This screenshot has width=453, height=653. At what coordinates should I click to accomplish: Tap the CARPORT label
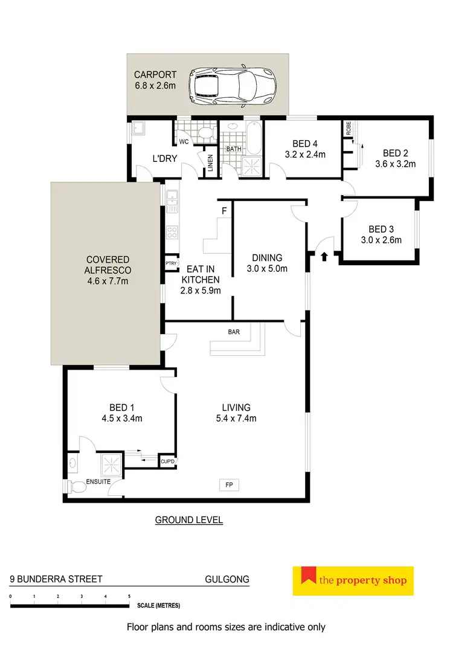[x=155, y=75]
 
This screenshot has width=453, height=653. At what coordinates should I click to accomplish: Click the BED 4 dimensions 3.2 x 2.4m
[x=305, y=154]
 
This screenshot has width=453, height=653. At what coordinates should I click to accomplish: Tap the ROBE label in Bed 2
[x=348, y=127]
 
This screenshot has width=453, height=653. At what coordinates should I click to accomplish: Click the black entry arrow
[x=324, y=257]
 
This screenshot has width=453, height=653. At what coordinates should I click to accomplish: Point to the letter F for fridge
[x=224, y=211]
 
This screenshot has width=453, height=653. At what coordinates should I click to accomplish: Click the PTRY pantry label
[x=170, y=263]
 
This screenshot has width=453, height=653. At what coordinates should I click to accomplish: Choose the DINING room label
[x=267, y=258]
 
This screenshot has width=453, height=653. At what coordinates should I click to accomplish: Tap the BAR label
[x=234, y=332]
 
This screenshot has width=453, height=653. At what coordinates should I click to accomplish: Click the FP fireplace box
[x=230, y=484]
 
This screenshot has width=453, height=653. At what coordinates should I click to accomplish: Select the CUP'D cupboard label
[x=167, y=462]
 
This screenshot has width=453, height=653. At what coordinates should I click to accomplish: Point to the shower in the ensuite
[x=111, y=464]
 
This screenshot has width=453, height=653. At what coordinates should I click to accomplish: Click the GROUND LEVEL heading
[x=189, y=520]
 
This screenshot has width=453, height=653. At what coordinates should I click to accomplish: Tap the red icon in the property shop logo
[x=309, y=579]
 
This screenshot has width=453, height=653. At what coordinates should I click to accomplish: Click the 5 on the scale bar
[x=129, y=596]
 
